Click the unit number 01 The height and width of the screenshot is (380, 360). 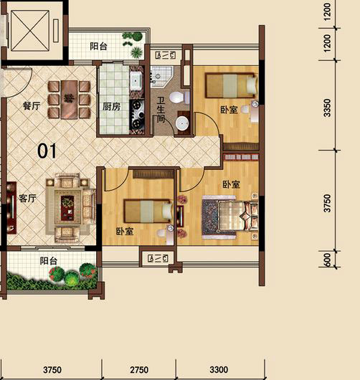tap(47, 151)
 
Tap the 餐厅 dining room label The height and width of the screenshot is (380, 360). tap(32, 106)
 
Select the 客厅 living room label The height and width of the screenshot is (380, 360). tap(27, 199)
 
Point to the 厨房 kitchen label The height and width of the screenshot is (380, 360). tap(111, 107)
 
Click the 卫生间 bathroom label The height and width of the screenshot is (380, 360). tap(161, 110)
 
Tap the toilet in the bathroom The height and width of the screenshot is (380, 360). tap(179, 97)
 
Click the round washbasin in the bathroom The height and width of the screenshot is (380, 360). tap(182, 123)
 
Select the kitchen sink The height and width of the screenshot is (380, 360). tap(136, 80)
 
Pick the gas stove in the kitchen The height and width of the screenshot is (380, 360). tap(137, 115)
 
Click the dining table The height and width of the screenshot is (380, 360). tap(69, 100)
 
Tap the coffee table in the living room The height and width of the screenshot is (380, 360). tap(67, 209)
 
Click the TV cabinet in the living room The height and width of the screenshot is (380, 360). tap(11, 208)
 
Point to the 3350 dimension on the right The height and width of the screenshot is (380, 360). tap(327, 108)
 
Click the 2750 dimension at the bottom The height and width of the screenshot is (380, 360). tap(139, 370)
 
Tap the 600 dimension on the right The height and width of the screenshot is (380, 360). tap(327, 260)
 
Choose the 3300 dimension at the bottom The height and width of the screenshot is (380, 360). tap(219, 369)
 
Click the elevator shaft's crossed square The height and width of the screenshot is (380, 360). tap(30, 31)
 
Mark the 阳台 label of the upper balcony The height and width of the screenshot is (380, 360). tap(98, 46)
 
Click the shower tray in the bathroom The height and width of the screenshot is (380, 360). tap(161, 75)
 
